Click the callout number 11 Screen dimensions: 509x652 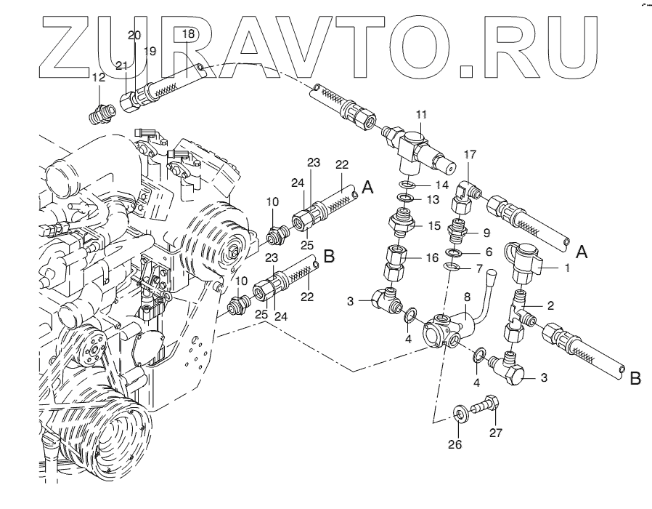tap(422, 114)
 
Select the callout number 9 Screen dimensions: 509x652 tap(487, 233)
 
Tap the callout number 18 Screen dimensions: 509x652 tap(188, 33)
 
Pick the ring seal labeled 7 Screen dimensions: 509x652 tap(452, 269)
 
